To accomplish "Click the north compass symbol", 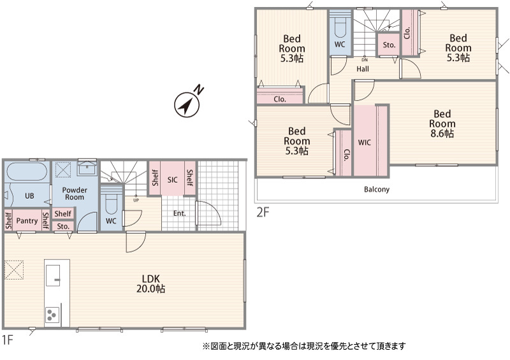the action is coord(187,103).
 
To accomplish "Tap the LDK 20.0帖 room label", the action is coord(150,284).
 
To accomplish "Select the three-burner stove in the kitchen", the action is coord(52,315).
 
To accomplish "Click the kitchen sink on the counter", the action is coord(53,275).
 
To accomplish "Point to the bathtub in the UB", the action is coord(27,171).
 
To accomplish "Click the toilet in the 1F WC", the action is coord(111,203).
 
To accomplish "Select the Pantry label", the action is coord(27,221).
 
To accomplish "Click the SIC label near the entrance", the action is coord(172,180).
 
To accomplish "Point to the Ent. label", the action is coord(180,213).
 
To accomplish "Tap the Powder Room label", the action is coord(75,194).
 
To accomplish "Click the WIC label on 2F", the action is coord(364,143).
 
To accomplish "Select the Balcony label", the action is coord(377,189).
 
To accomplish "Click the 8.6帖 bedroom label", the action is coord(442,124).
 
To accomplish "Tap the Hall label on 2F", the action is coord(363,69).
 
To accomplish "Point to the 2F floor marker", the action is coord(263,213).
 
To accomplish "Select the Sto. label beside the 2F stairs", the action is coord(389,45).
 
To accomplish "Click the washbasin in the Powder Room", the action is coord(87,169).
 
